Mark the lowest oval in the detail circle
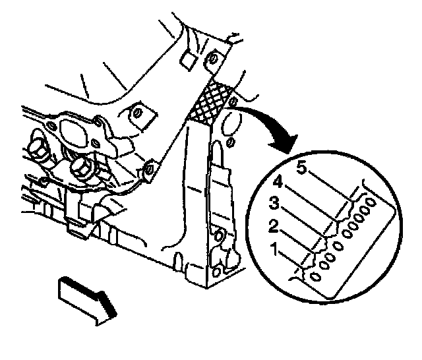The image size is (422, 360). [x=316, y=278]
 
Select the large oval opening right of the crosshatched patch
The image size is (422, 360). [x=233, y=123]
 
